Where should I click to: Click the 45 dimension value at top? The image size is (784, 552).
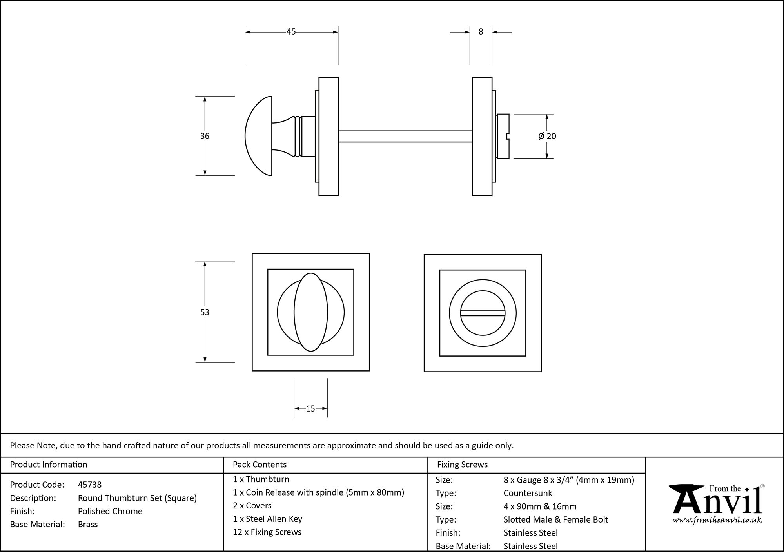[290, 32]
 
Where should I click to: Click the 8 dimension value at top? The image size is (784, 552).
[481, 32]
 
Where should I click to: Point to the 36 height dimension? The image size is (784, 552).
[205, 136]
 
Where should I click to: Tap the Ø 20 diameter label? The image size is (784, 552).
[547, 136]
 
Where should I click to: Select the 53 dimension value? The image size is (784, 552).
[205, 312]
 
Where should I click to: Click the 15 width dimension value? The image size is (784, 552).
[310, 409]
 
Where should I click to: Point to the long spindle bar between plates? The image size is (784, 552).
[405, 136]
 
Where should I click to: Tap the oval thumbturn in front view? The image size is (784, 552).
[310, 312]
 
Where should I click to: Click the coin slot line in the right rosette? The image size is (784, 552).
[483, 313]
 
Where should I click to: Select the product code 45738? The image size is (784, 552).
[90, 485]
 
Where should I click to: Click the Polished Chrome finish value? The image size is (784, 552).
[110, 511]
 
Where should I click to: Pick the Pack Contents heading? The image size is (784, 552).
[260, 465]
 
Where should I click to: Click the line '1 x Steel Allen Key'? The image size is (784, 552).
[267, 519]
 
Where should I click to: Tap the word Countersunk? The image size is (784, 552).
[528, 493]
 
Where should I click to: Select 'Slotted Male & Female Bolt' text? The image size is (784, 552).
[555, 520]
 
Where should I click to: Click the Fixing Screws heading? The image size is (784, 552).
[462, 465]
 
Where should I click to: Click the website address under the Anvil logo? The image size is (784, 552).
[717, 520]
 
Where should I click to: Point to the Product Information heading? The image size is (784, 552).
[49, 465]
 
